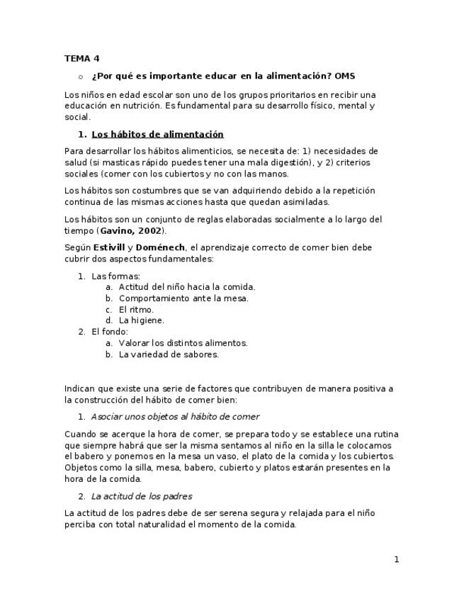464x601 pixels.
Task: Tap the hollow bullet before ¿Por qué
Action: (80, 77)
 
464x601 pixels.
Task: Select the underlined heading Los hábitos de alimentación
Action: (157, 135)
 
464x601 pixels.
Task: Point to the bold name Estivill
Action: (109, 248)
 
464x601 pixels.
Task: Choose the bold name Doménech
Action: (160, 248)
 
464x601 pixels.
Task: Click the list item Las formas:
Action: (116, 276)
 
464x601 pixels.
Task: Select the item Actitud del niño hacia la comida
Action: (187, 287)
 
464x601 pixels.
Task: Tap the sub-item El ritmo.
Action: (136, 310)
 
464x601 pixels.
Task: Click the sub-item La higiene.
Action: (141, 320)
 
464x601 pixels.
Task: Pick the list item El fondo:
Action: (110, 332)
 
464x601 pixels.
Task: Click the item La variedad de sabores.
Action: (169, 354)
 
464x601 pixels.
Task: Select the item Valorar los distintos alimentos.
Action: (183, 343)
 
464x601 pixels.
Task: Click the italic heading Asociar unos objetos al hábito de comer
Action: (175, 417)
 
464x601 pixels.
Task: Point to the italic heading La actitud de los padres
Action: (142, 496)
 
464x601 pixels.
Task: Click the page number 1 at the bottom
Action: (397, 560)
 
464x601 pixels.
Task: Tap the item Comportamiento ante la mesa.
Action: (183, 298)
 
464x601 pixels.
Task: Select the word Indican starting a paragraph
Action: (80, 388)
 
